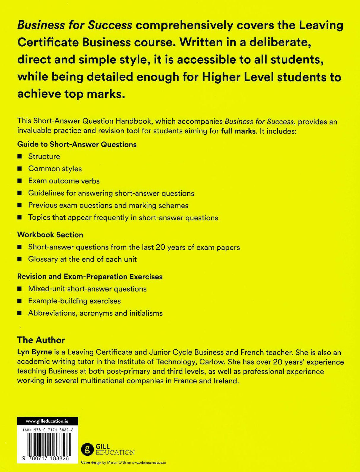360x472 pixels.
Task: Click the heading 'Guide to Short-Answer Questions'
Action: (x=77, y=145)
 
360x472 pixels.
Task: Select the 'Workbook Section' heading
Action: (x=50, y=235)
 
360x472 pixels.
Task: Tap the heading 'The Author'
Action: (x=41, y=340)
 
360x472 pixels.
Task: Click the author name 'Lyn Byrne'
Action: (x=34, y=352)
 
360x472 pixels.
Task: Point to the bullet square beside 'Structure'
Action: (x=20, y=156)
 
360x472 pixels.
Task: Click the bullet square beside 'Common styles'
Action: (x=20, y=169)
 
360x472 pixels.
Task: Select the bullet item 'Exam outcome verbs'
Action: (x=64, y=181)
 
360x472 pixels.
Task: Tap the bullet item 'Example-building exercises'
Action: (x=74, y=301)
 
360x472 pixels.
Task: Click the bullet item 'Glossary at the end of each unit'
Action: (x=82, y=259)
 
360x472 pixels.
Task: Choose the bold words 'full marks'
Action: (x=238, y=131)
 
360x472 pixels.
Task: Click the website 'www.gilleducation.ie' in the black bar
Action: (x=47, y=421)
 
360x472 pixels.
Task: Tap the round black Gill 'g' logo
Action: (x=87, y=449)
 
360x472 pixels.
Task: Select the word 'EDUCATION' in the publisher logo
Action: (x=115, y=452)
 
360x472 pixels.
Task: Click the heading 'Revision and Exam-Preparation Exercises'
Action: (x=90, y=276)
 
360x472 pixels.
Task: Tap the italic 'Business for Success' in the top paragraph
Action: (x=75, y=25)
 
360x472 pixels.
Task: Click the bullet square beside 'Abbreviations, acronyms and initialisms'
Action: (x=20, y=313)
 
